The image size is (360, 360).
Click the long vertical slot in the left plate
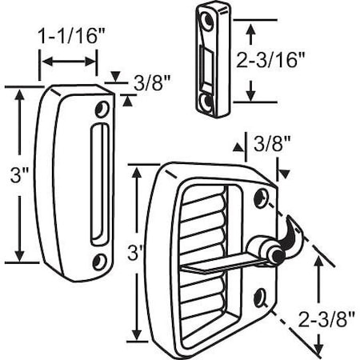(98, 184)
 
